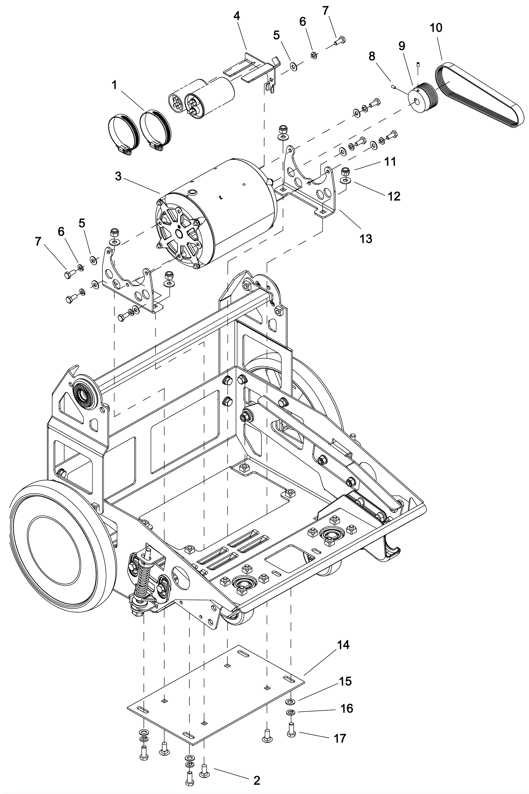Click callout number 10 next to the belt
point(436,28)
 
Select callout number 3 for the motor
point(118,176)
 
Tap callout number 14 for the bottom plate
point(344,645)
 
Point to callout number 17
point(340,738)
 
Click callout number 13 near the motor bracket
point(366,238)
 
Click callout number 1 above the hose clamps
point(114,85)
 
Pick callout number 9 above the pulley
point(401,46)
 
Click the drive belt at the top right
point(479,95)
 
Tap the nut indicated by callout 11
point(345,170)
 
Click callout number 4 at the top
point(237,16)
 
